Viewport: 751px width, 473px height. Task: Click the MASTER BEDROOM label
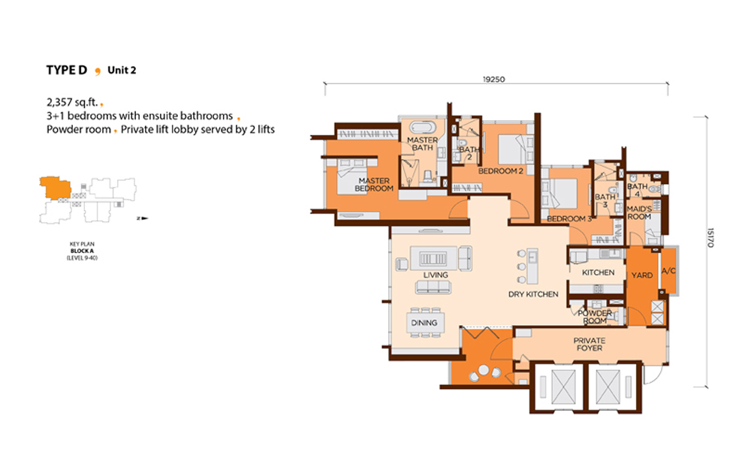(x=374, y=184)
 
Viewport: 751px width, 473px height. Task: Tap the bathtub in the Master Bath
(x=422, y=128)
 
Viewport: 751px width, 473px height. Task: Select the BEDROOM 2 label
(x=500, y=171)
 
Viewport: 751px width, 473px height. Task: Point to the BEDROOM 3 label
(x=569, y=218)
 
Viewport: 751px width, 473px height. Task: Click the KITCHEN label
(x=599, y=273)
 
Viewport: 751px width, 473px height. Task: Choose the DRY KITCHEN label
(x=533, y=294)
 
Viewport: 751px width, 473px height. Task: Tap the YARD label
(x=642, y=276)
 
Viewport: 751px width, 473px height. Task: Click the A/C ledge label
(x=668, y=271)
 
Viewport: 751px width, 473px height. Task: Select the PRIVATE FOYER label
(x=590, y=344)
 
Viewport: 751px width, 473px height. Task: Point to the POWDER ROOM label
(x=595, y=316)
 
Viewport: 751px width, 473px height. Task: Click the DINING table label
(x=424, y=323)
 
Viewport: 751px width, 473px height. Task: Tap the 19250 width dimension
(x=494, y=79)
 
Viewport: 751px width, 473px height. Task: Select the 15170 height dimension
(x=710, y=237)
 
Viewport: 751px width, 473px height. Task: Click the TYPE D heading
(x=67, y=71)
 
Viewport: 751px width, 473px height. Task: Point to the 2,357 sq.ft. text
(x=72, y=102)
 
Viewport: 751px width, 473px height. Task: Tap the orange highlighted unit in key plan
(x=55, y=187)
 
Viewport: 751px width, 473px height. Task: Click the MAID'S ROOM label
(x=639, y=212)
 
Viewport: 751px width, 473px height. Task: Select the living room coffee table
(x=433, y=258)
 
